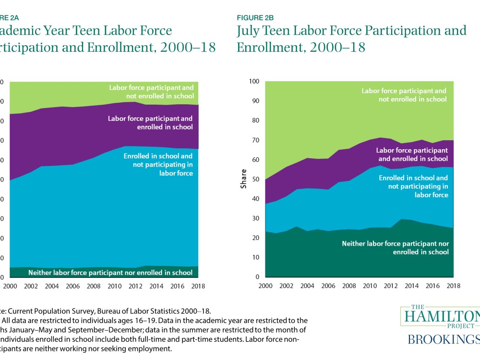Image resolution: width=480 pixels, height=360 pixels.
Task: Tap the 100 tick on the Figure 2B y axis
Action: coord(253,82)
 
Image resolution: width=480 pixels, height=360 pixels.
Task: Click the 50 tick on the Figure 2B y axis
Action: coord(254,180)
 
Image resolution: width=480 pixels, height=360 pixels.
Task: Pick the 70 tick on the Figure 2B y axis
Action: coord(254,140)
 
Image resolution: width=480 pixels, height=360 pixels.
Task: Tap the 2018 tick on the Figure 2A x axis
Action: coord(198,286)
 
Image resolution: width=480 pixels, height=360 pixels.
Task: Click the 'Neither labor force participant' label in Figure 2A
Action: coord(110,273)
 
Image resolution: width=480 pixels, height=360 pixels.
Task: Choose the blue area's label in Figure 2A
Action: coord(158,164)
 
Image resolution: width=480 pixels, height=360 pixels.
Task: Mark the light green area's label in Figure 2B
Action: coord(404,95)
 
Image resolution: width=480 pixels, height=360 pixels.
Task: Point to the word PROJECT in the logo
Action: coord(442,325)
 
